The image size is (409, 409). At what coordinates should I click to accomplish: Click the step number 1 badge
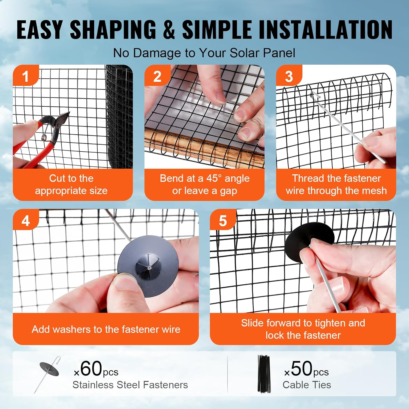point(25,76)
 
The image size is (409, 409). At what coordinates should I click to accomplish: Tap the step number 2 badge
point(157,76)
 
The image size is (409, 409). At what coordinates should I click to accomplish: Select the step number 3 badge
point(289,76)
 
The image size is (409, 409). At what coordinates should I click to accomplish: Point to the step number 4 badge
point(25,221)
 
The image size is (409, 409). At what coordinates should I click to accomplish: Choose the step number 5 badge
point(223,221)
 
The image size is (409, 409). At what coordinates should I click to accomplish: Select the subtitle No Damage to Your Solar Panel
point(204,53)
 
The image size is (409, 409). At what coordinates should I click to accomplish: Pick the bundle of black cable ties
point(264,374)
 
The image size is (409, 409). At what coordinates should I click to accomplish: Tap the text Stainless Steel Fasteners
point(130,385)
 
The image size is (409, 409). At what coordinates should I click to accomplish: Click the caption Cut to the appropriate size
point(71,184)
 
